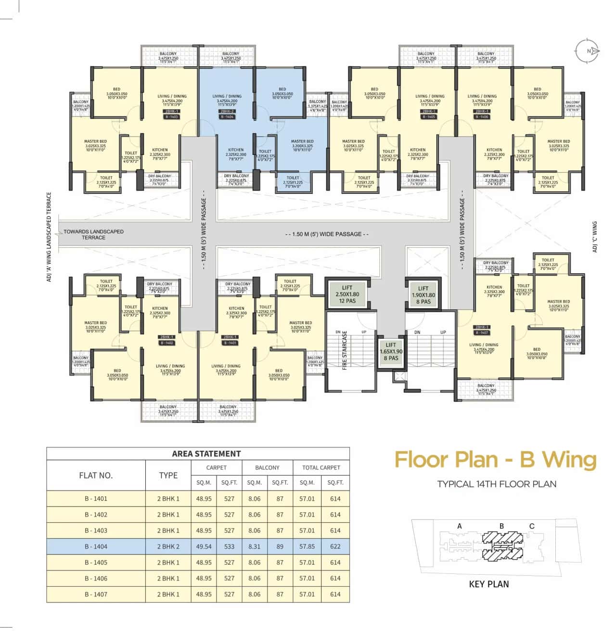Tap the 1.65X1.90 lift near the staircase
pos(391,351)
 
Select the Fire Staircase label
pos(345,350)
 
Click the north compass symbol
pos(588,50)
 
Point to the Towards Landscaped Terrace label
pos(93,234)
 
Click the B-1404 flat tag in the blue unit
pos(227,117)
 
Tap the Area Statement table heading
pos(206,454)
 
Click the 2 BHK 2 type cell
pos(168,546)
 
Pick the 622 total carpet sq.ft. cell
pos(335,546)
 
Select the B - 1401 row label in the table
pos(96,499)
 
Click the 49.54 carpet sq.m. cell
pos(204,546)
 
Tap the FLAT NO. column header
pos(96,475)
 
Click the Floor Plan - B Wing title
pos(496,459)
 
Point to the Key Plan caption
pos(488,584)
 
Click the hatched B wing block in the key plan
pos(502,546)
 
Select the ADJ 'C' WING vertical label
pos(595,237)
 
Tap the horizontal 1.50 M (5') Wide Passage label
pos(327,234)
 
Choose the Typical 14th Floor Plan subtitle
pos(497,484)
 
